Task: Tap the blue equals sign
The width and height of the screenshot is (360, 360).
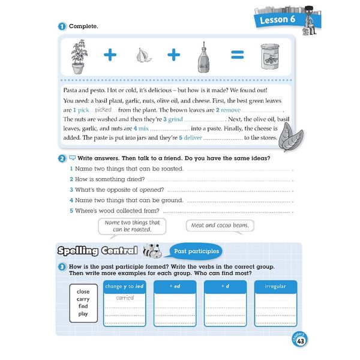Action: point(237,56)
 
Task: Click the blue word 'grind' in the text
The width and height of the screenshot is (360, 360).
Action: point(175,119)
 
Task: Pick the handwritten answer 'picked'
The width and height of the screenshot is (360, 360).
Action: point(104,110)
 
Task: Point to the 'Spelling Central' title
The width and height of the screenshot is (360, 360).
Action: point(97,251)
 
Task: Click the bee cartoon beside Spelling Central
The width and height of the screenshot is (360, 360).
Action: point(153,250)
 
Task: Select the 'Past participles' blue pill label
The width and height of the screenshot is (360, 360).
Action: point(196,251)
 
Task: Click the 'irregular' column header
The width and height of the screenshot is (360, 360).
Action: point(275,287)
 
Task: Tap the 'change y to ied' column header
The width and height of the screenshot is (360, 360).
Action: point(125,287)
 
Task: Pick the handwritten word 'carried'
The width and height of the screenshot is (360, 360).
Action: point(125,297)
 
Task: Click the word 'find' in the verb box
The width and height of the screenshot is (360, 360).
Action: point(83,306)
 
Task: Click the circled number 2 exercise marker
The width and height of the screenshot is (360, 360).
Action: point(62,159)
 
